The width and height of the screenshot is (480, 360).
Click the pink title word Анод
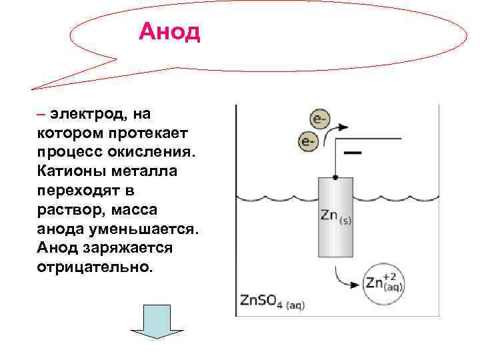(x=169, y=31)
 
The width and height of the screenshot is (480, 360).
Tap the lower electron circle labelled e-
(x=307, y=141)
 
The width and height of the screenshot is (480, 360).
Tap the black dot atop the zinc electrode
(x=335, y=177)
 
